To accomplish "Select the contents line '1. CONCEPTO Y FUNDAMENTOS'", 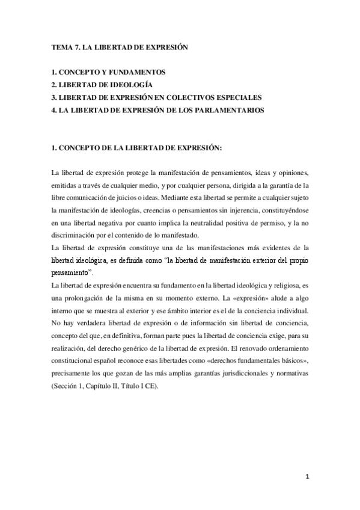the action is tap(108, 72).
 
